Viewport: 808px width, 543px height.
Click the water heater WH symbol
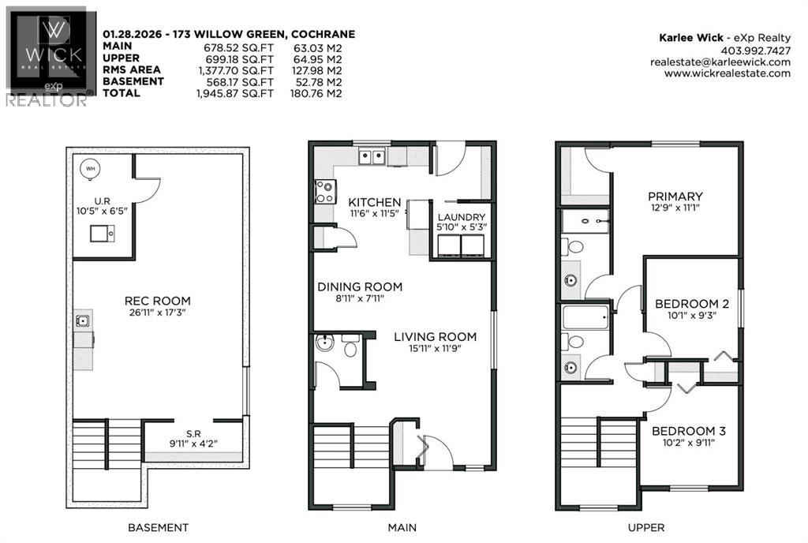[x=89, y=167]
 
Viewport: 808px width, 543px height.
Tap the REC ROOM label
[x=157, y=301]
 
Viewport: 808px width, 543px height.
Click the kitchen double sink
[x=372, y=157]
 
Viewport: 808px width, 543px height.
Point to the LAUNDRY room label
[x=462, y=217]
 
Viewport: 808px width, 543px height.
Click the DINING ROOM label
[x=360, y=286]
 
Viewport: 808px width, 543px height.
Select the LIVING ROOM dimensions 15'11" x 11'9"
[x=435, y=351]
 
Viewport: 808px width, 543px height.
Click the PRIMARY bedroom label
[x=675, y=197]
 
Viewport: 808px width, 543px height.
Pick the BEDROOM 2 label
[x=691, y=304]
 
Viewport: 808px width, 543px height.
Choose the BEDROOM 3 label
[x=689, y=432]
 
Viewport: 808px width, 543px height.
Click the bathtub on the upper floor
[x=585, y=319]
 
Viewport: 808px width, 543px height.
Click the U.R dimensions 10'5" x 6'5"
[x=100, y=212]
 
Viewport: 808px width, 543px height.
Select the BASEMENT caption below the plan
[x=158, y=527]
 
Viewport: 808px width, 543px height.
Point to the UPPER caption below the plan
[x=649, y=527]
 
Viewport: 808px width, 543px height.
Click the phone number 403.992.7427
[x=755, y=49]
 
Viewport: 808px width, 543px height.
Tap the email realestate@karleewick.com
[x=720, y=62]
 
